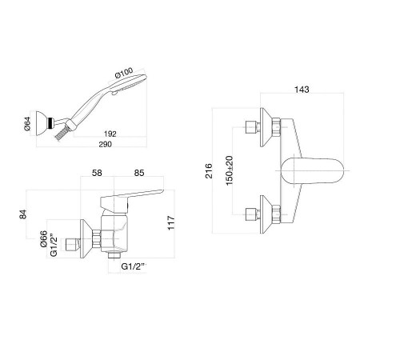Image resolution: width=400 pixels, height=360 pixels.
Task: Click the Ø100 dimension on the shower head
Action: (124, 73)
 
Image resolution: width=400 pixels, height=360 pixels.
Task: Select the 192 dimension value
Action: (110, 134)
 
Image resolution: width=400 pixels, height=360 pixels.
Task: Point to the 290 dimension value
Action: (105, 144)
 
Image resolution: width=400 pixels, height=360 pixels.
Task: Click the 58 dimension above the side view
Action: (97, 173)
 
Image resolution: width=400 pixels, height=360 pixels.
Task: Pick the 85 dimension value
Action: (139, 173)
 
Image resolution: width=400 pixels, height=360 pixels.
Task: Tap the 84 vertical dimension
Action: (23, 214)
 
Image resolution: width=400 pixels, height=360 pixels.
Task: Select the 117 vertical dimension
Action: (171, 222)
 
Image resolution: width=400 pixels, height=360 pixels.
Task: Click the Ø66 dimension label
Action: (43, 238)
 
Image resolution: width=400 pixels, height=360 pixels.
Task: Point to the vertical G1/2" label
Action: (54, 246)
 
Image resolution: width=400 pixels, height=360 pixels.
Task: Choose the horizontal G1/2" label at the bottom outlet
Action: (134, 266)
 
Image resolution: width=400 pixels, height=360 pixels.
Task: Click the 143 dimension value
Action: (302, 90)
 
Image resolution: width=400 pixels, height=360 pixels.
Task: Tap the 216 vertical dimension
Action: (209, 171)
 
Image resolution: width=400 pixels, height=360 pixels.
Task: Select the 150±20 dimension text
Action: (230, 170)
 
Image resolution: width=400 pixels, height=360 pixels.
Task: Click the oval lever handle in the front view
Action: (312, 170)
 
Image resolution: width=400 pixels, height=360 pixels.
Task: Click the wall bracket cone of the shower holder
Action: (42, 123)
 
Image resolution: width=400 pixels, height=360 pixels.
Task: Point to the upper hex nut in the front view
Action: (276, 127)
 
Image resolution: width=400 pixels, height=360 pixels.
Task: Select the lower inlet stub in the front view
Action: (253, 214)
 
